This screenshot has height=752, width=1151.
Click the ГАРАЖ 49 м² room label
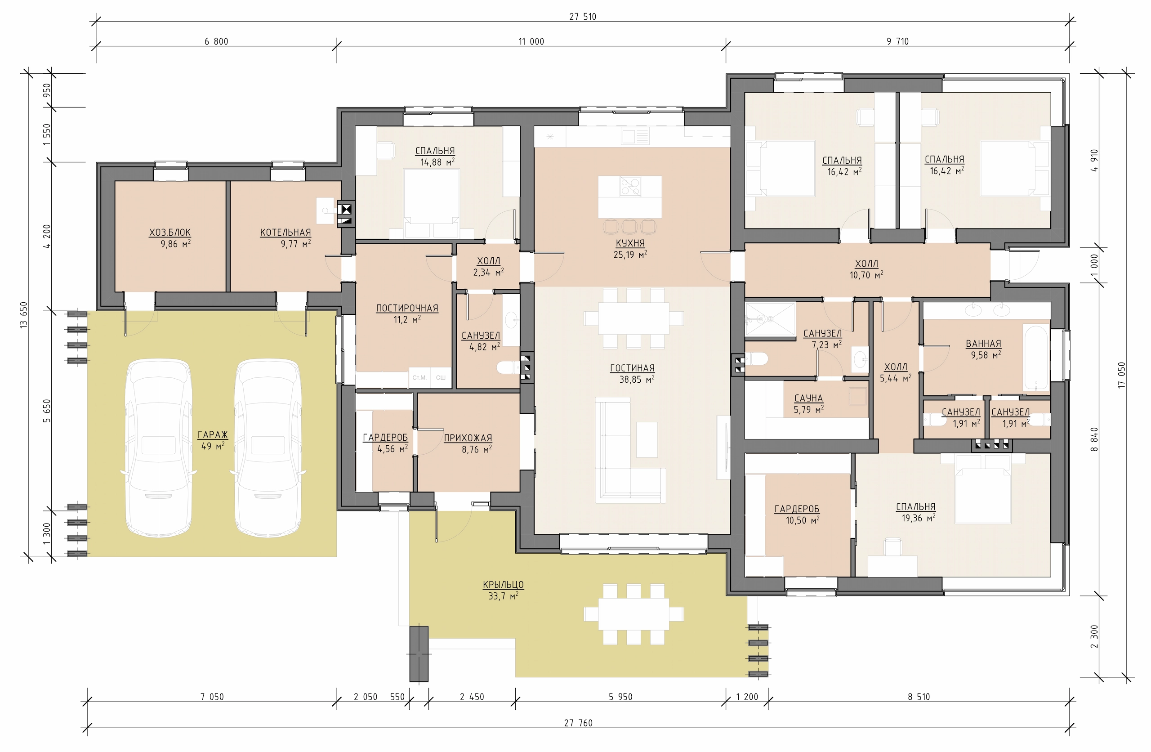213,440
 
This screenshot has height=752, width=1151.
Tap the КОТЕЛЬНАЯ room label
286,232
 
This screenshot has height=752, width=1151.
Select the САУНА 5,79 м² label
808,403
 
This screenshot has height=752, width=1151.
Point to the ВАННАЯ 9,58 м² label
983,349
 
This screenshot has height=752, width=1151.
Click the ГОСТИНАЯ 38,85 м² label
632,374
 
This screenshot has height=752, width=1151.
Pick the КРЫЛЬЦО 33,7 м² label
503,590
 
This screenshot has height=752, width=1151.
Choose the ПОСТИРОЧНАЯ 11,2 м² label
407,313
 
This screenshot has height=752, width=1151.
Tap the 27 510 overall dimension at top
583,17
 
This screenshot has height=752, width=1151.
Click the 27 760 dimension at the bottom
578,723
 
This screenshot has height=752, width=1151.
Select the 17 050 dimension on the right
1121,375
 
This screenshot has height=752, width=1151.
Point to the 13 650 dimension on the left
24,315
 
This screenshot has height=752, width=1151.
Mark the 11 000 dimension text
531,42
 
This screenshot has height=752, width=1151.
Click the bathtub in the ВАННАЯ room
1035,357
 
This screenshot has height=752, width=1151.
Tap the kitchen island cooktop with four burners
631,186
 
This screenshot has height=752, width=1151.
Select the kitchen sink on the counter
635,136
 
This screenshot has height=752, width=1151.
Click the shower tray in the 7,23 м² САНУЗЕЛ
770,319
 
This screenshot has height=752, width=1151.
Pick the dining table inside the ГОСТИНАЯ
633,318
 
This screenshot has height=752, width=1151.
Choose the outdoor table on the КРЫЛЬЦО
633,614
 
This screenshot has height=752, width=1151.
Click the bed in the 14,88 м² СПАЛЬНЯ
431,205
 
